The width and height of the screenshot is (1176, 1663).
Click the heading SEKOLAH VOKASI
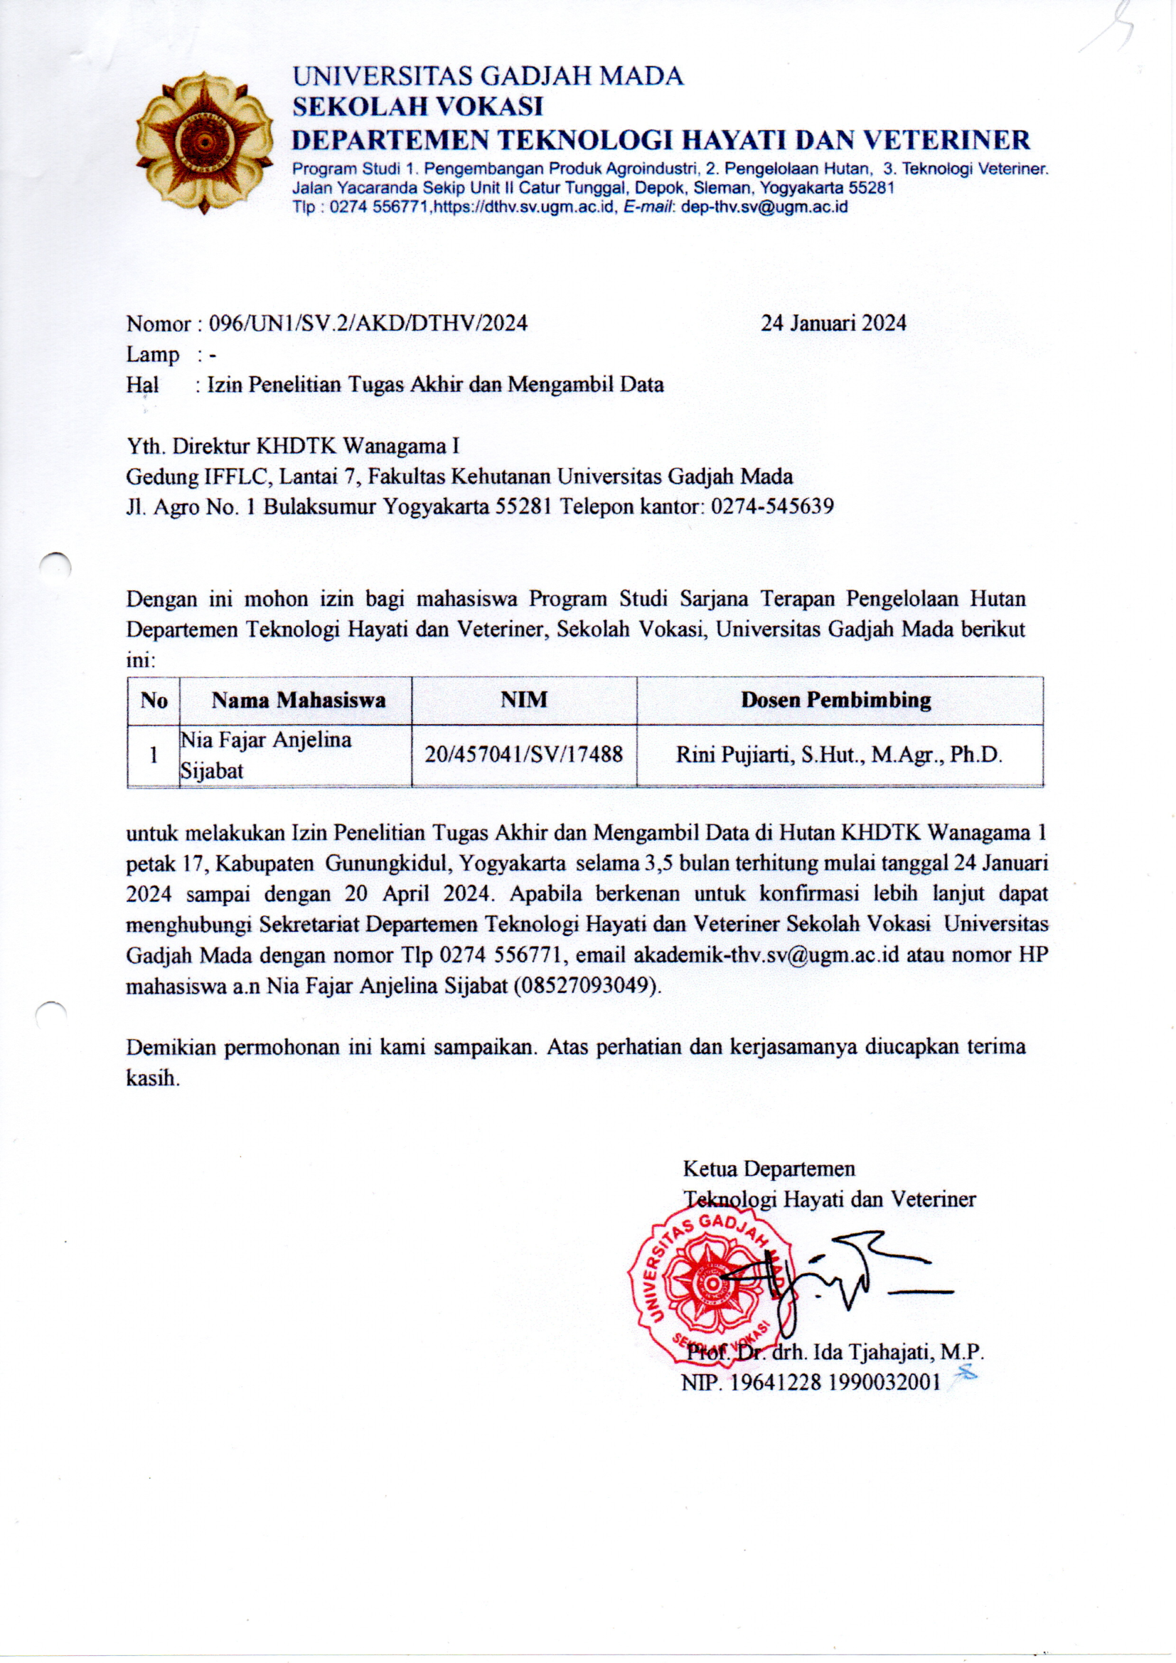[417, 107]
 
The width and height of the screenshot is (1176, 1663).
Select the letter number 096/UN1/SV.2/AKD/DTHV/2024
[368, 323]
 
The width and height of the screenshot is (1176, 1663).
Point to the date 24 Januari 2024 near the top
[833, 323]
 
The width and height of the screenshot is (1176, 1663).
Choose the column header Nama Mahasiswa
[299, 701]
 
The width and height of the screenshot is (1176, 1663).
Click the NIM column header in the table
[523, 700]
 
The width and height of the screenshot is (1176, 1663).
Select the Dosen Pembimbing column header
[835, 700]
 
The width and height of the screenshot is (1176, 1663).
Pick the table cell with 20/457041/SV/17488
[523, 755]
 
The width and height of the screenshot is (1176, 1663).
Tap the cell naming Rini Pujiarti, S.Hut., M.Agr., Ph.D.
[838, 755]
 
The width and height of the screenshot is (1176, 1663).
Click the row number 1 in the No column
[154, 755]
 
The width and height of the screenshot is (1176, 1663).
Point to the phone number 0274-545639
[772, 506]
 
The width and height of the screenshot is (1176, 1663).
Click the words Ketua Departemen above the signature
[769, 1169]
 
